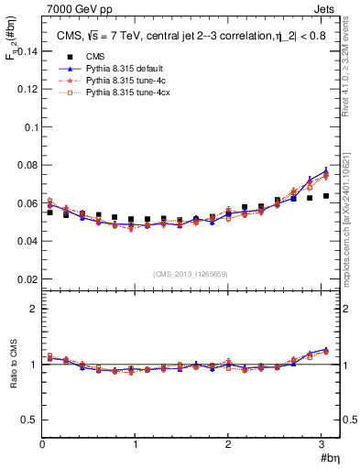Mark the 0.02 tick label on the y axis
tap(28, 278)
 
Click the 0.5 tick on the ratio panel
tap(29, 420)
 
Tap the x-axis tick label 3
tap(322, 444)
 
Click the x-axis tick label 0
tap(42, 444)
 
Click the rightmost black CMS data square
tap(325, 196)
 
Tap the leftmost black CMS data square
tap(50, 213)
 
